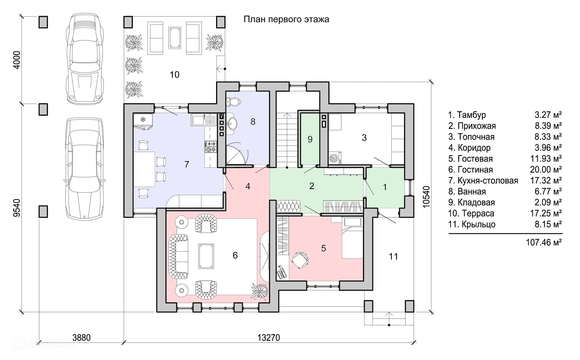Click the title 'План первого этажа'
coord(286,19)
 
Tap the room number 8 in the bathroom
coord(253,122)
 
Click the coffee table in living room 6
coord(206,256)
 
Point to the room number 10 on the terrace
coord(174,75)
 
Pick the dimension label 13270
coord(268,338)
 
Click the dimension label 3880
coord(81,338)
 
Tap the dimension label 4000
coord(16,60)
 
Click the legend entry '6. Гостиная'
coord(470,170)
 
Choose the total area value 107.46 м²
coord(544,242)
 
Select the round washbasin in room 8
coord(232,123)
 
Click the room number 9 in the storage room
coord(310,139)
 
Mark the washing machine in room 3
coord(335,158)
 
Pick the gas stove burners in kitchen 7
coord(210,147)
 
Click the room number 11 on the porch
coord(393,257)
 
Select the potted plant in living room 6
coord(259,289)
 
